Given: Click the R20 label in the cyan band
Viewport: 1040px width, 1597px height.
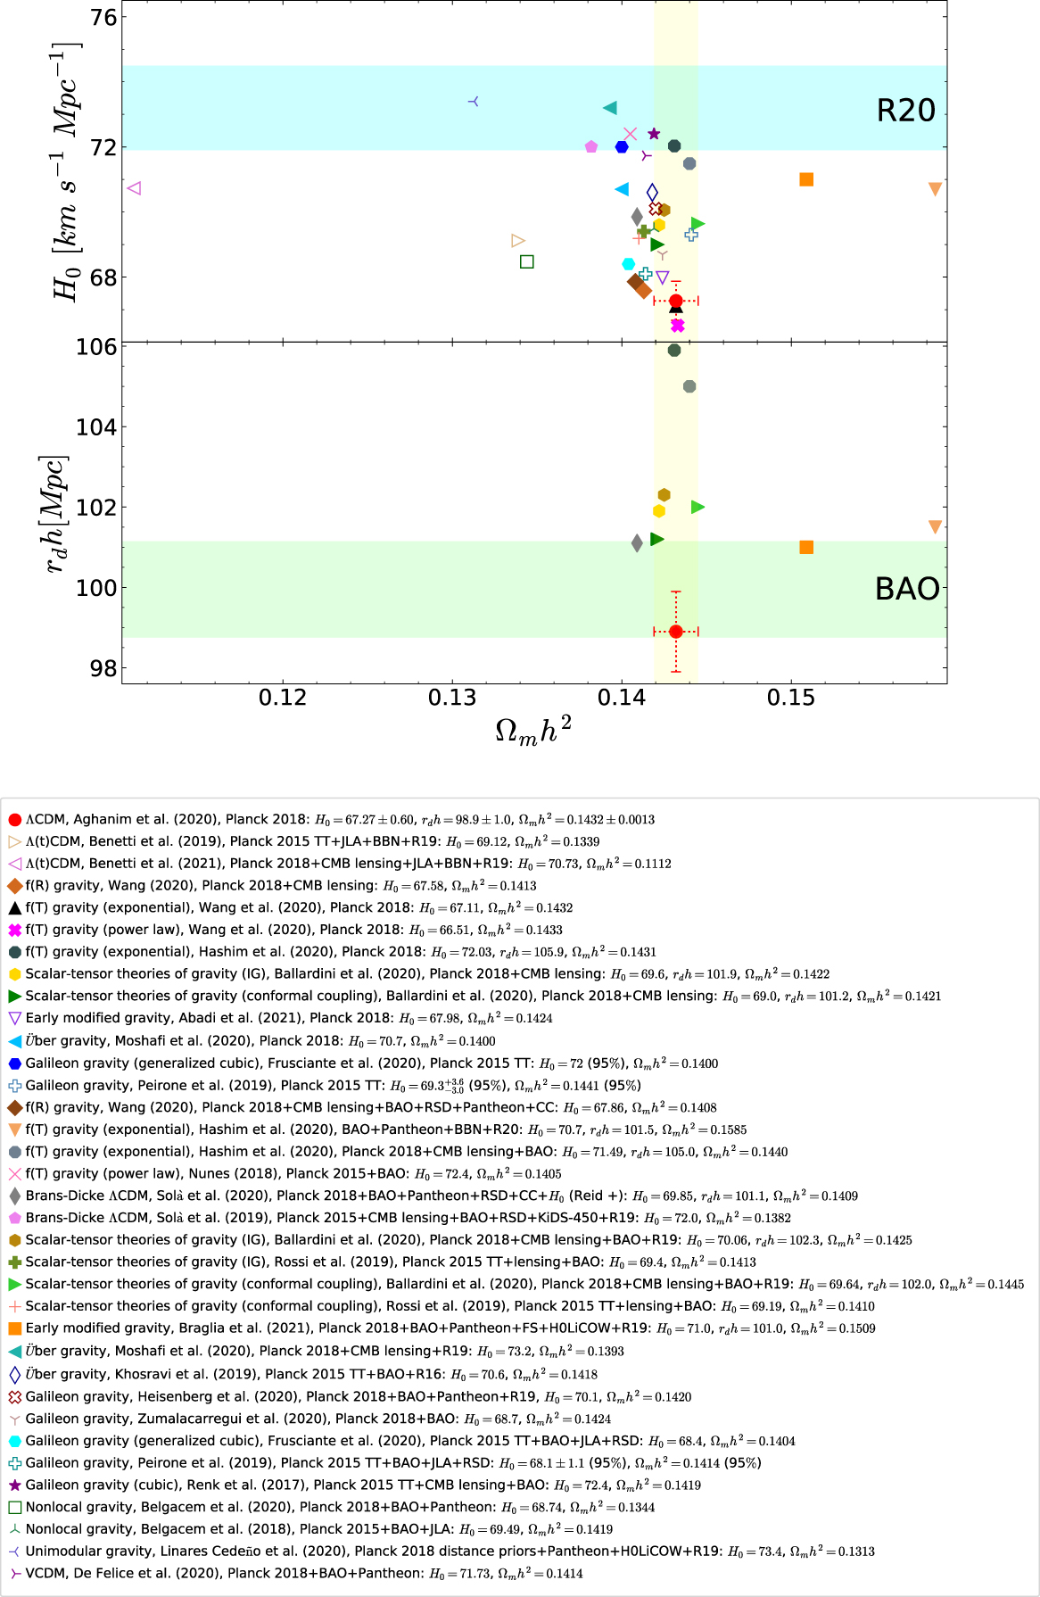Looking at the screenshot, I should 905,111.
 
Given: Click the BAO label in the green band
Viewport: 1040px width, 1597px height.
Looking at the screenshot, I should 907,589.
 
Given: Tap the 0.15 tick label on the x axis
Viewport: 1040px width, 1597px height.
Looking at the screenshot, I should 791,698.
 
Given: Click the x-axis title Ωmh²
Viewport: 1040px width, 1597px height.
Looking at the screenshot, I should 532,731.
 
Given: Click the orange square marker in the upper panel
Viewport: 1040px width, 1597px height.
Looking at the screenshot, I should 806,179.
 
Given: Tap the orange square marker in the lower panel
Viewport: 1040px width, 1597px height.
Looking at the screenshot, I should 806,547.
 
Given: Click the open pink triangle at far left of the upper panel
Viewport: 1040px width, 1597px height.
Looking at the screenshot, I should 135,188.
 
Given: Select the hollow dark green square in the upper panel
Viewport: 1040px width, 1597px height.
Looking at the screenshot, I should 527,261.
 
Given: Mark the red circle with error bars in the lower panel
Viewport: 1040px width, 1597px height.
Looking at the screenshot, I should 676,632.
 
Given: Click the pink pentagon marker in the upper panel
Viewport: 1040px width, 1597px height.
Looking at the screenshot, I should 591,146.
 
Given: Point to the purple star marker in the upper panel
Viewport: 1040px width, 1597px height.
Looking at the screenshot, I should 654,134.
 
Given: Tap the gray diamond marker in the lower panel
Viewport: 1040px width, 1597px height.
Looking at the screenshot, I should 637,543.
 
